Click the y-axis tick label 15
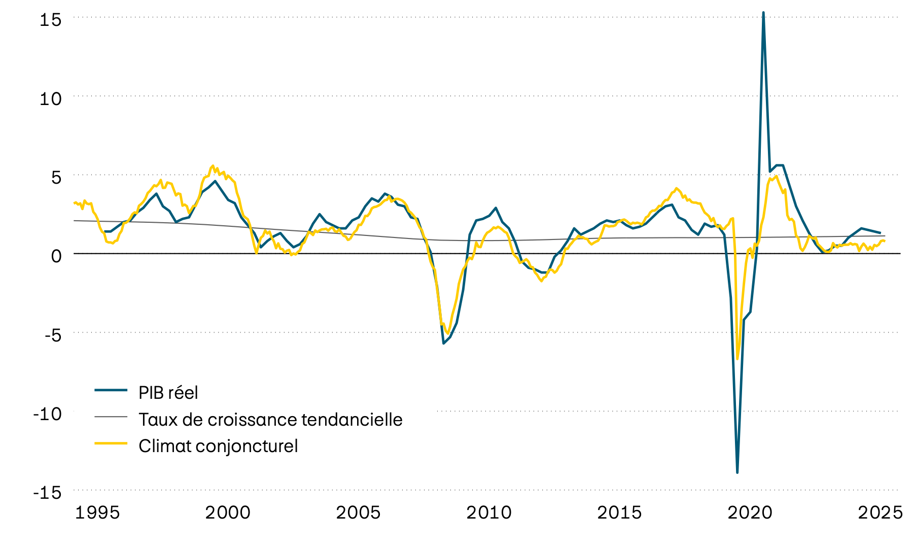[x=50, y=20]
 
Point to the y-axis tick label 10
[x=50, y=98]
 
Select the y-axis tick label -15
[x=47, y=493]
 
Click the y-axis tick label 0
[x=56, y=256]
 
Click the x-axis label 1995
[x=97, y=512]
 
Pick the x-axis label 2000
[x=228, y=512]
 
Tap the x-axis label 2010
[x=489, y=512]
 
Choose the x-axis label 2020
[x=750, y=512]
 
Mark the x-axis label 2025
[x=880, y=512]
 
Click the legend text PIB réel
[x=168, y=392]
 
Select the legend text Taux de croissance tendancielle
[x=270, y=419]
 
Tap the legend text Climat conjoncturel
[x=218, y=446]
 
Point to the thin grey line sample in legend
[x=111, y=417]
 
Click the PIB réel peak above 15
[x=763, y=13]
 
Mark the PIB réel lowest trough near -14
[x=737, y=472]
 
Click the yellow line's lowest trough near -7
[x=738, y=358]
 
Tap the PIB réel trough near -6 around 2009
[x=443, y=344]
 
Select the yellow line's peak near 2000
[x=213, y=166]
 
